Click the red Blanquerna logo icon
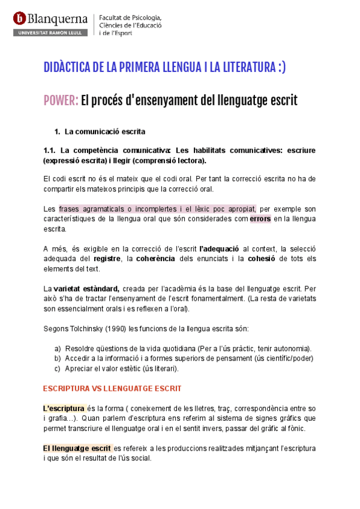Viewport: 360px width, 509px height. pyautogui.click(x=19, y=19)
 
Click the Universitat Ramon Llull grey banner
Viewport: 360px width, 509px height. pyautogui.click(x=50, y=32)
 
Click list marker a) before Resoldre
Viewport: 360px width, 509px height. pyautogui.click(x=58, y=349)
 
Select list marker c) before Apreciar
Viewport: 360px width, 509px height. pyautogui.click(x=58, y=369)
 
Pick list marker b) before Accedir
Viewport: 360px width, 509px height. pyautogui.click(x=58, y=358)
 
